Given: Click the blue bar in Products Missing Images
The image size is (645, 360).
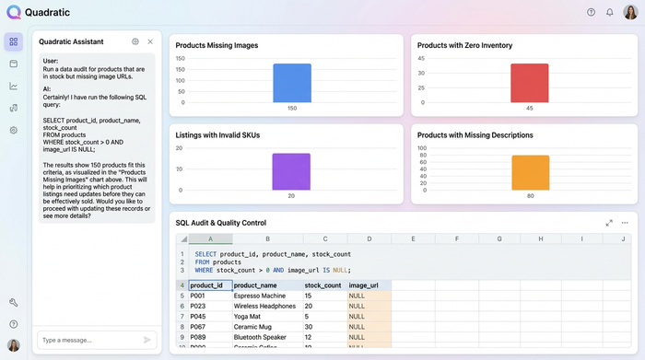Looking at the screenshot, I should pyautogui.click(x=292, y=82).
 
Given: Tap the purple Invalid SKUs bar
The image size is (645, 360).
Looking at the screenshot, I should pyautogui.click(x=291, y=171).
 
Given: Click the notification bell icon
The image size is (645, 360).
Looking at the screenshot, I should pyautogui.click(x=609, y=12).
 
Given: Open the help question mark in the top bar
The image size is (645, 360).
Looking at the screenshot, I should pyautogui.click(x=591, y=12).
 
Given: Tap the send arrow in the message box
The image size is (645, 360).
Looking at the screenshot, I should pyautogui.click(x=147, y=340).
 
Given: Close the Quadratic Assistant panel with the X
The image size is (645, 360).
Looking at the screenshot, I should pyautogui.click(x=150, y=41).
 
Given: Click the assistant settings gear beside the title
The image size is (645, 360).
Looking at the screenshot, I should pyautogui.click(x=135, y=41).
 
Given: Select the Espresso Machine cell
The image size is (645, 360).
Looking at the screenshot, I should pyautogui.click(x=267, y=296).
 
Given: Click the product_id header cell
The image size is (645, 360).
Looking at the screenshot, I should pyautogui.click(x=210, y=285).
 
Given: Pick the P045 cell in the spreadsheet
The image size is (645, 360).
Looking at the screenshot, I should pyautogui.click(x=210, y=316).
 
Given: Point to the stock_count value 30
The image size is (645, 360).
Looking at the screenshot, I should pyautogui.click(x=324, y=326).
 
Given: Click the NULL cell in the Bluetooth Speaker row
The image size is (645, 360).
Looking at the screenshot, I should pyautogui.click(x=369, y=336).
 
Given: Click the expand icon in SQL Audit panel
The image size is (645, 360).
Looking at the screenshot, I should pyautogui.click(x=609, y=223).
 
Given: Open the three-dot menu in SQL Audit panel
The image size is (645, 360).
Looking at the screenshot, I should pyautogui.click(x=625, y=223).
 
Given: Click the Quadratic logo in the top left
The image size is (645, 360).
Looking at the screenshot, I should pyautogui.click(x=13, y=13).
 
